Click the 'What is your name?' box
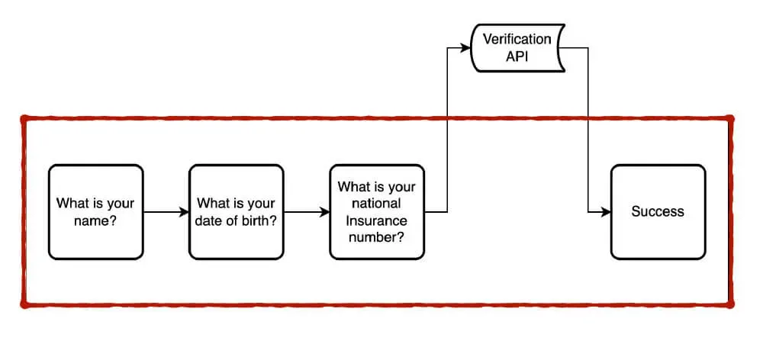tap(95, 212)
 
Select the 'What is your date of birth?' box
tap(236, 212)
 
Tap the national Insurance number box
tap(376, 212)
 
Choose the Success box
tap(658, 212)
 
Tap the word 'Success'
tap(658, 212)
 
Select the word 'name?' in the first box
tap(95, 220)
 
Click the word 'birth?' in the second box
tap(259, 220)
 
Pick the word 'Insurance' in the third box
tap(376, 220)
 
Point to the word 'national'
tap(376, 204)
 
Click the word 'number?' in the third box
tap(376, 237)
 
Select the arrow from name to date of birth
tap(166, 212)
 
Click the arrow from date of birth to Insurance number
tap(306, 212)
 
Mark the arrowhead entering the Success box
tap(606, 212)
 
